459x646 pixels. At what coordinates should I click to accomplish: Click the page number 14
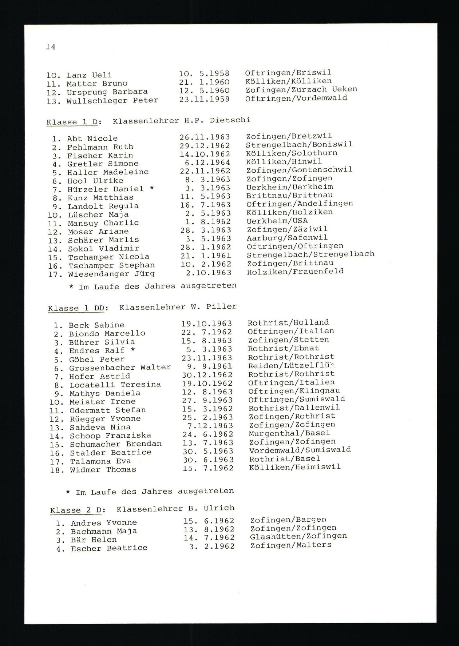[51, 47]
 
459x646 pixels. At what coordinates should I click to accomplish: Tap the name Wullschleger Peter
[112, 100]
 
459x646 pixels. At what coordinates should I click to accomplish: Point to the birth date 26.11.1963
[205, 137]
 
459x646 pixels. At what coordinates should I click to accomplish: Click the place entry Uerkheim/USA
[277, 221]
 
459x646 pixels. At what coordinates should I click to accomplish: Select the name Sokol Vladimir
[104, 249]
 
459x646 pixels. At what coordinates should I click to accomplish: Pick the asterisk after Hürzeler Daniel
[152, 188]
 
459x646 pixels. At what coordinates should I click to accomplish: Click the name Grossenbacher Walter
[120, 368]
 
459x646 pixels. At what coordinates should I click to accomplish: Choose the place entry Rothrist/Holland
[288, 322]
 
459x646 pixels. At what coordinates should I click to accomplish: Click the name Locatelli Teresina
[115, 385]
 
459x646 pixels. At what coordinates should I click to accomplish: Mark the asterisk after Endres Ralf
[133, 350]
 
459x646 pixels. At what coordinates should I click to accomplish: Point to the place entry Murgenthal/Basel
[289, 433]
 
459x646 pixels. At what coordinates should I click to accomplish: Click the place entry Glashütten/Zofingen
[298, 536]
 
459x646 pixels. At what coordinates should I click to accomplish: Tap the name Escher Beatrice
[109, 548]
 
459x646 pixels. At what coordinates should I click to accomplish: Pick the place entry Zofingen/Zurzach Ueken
[301, 89]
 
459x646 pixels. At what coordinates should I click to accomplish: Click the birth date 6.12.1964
[207, 162]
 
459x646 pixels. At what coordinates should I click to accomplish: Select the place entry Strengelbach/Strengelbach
[310, 254]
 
